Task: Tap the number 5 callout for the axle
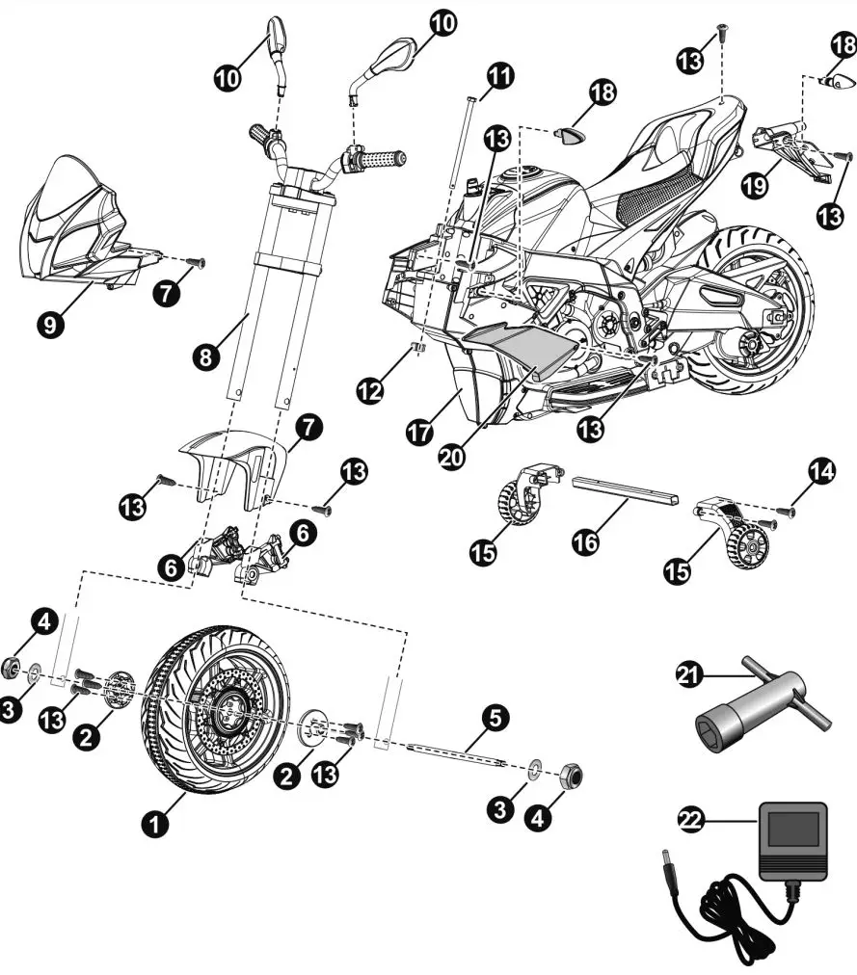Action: (x=494, y=716)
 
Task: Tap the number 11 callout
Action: (x=500, y=73)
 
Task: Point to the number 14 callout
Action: (x=820, y=471)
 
